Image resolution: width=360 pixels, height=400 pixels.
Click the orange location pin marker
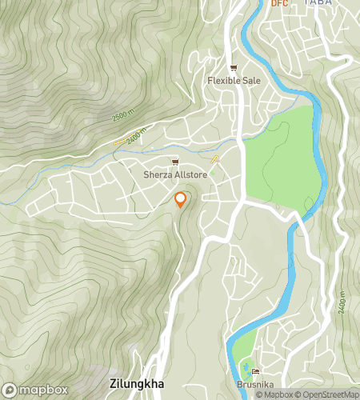[x=181, y=200]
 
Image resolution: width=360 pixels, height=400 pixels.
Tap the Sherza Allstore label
[x=174, y=174]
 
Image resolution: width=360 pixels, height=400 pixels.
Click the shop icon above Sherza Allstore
[x=174, y=162]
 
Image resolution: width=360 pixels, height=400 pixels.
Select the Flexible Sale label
[x=233, y=81]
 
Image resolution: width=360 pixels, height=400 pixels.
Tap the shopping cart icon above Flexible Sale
[x=233, y=68]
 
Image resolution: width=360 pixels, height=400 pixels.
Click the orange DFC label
[x=278, y=3]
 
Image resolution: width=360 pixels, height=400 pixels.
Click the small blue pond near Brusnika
[x=245, y=370]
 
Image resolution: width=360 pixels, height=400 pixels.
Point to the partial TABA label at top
[x=318, y=3]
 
